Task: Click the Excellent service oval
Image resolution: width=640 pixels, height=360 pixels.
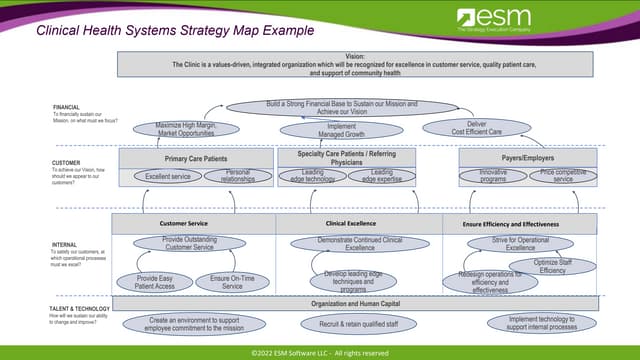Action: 167,176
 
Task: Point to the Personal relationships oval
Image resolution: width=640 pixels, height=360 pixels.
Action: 237,177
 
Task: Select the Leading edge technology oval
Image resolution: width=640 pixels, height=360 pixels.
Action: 313,176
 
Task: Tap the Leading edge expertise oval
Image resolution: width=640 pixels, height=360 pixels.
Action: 382,176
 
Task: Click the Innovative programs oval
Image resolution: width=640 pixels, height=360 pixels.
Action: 493,176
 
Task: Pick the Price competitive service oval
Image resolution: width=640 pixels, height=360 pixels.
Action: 563,176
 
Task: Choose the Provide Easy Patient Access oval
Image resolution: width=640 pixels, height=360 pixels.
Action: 154,282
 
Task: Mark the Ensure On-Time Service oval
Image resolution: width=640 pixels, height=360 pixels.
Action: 233,282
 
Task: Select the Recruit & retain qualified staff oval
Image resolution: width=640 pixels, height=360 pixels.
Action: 346,325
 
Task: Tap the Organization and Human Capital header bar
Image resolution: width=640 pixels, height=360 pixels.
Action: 355,303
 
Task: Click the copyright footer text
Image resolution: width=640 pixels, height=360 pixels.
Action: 320,352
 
